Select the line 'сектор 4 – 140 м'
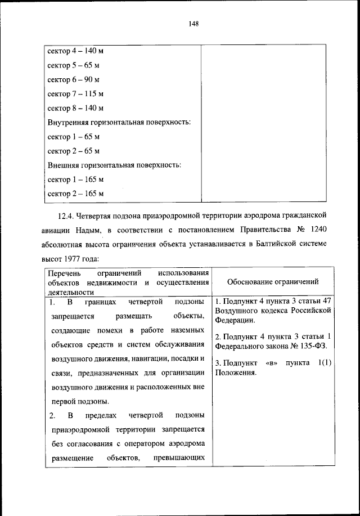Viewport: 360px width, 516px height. [75, 51]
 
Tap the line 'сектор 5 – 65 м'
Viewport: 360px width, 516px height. [73, 65]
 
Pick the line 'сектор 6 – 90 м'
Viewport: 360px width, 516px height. [73, 79]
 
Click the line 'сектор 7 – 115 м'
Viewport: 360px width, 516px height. [75, 93]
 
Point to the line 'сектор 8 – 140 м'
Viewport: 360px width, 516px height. [75, 108]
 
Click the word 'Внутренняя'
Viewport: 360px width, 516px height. [66, 122]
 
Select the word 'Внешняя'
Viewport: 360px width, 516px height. [62, 165]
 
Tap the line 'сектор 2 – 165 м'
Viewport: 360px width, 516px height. [75, 194]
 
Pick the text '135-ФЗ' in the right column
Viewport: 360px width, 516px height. [315, 345]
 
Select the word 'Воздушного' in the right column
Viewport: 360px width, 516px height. [236, 311]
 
